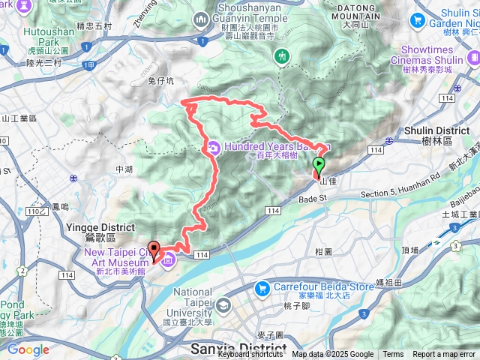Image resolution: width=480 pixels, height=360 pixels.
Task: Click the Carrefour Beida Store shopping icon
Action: pos(262,287)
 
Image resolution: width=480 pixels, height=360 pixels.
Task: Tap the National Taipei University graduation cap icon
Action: pos(223,305)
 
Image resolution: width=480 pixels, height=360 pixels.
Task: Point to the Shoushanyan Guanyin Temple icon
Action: pos(200,19)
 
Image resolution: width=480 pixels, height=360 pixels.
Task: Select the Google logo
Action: pos(28,349)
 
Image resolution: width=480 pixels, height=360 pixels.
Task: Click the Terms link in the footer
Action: pos(393,355)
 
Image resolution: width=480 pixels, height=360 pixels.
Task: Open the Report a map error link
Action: pos(444,355)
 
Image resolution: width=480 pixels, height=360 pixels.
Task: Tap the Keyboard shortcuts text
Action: pos(250,355)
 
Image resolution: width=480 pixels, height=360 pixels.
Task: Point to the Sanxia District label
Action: pos(238,349)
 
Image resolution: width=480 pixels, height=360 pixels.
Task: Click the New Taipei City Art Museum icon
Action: pos(168,260)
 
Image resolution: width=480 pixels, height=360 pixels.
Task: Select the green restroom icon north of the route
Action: pos(283,56)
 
